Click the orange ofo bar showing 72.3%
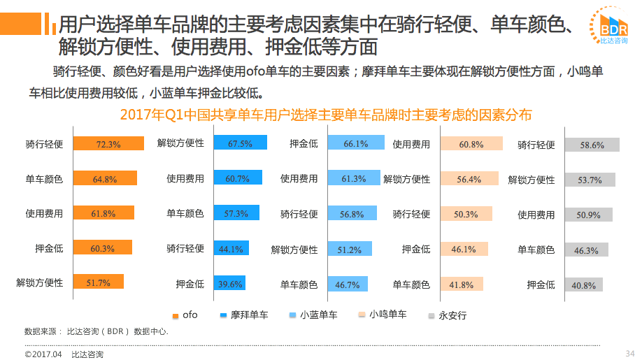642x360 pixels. pos(108,144)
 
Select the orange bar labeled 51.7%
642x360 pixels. pos(98,282)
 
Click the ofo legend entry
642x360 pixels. pos(185,315)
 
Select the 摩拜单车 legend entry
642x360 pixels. pos(244,315)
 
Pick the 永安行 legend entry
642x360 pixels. pos(447,316)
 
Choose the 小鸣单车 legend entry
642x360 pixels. pos(382,315)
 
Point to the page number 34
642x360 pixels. pos(629,352)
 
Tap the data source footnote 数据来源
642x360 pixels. pos(96,331)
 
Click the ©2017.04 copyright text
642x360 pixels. pos(43,354)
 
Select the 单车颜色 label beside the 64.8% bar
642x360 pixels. pos(44,179)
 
